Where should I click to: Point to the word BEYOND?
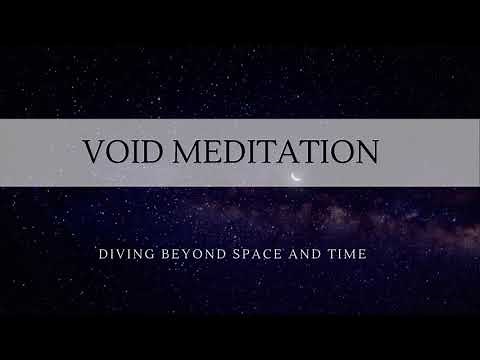click(x=188, y=255)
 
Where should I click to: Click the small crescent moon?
click(x=295, y=178)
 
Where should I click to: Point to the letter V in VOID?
click(x=93, y=151)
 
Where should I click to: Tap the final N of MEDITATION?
click(x=365, y=151)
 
